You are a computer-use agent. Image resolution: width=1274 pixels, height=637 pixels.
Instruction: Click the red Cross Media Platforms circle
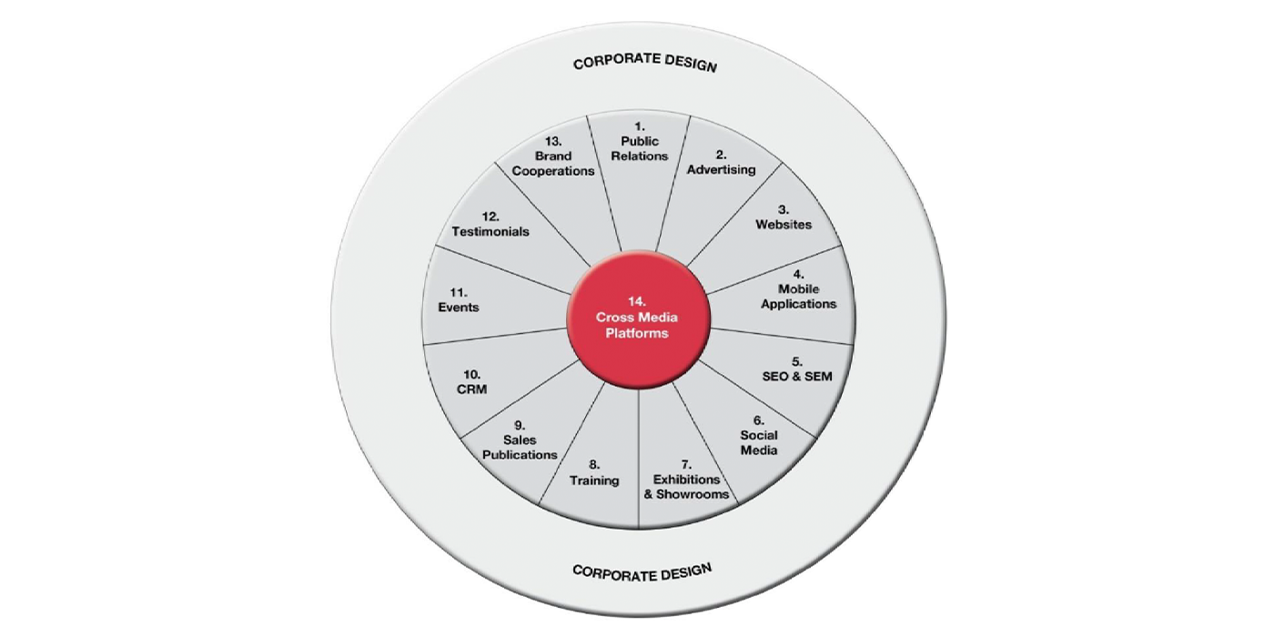(x=637, y=318)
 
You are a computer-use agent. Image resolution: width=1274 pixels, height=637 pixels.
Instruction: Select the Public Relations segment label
(x=639, y=148)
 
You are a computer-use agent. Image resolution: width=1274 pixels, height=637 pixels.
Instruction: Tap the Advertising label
(x=721, y=169)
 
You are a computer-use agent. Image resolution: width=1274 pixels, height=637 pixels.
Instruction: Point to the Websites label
(x=784, y=224)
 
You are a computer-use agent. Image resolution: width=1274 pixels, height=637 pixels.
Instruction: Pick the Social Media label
(x=758, y=443)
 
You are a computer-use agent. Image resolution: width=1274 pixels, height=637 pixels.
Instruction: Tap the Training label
(x=594, y=480)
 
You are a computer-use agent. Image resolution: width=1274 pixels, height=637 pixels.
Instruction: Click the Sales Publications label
(x=520, y=447)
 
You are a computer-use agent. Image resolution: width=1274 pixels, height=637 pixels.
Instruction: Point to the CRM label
(x=471, y=389)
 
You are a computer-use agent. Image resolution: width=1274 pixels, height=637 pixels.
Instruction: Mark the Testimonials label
(x=490, y=231)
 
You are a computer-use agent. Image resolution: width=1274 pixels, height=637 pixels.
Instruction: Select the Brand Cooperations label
(x=552, y=170)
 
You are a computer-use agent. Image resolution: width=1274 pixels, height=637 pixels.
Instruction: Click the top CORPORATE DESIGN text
(x=644, y=64)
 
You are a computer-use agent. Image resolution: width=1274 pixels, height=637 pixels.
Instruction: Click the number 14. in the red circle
(x=636, y=300)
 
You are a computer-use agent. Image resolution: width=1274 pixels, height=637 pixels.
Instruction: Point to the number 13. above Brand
(x=552, y=142)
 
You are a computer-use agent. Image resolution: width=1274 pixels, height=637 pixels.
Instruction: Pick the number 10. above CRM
(x=471, y=374)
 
